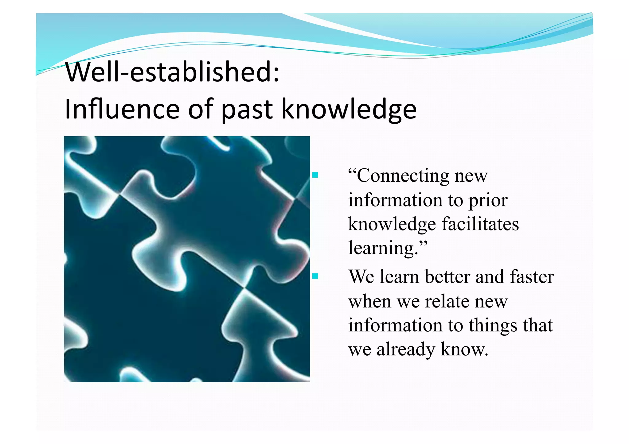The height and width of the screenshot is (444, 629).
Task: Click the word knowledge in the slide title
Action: coord(349,110)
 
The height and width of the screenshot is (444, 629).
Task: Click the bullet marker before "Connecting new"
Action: coord(315,176)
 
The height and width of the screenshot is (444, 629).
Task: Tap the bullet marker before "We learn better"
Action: coord(315,276)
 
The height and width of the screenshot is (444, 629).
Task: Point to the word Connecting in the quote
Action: coord(403,176)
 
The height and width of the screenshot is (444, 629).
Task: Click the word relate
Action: coord(447,301)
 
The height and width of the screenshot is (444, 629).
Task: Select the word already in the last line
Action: coord(406,350)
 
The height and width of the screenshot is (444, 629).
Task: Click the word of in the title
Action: coord(201,109)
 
